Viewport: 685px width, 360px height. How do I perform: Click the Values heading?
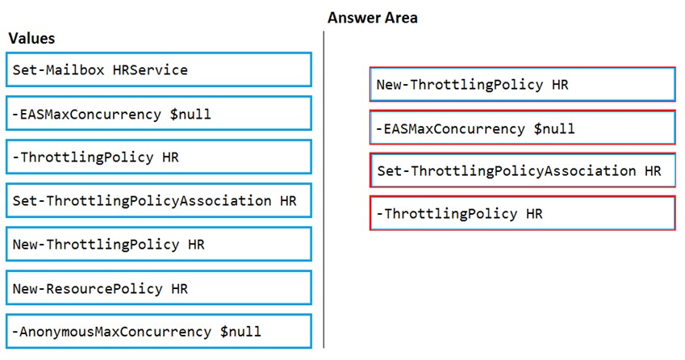click(x=31, y=39)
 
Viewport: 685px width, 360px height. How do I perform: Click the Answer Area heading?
click(x=373, y=18)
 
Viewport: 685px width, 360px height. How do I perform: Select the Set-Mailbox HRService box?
click(x=159, y=70)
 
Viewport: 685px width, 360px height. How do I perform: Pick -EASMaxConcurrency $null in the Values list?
click(x=159, y=114)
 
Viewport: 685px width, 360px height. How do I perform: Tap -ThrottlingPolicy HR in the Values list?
click(x=159, y=157)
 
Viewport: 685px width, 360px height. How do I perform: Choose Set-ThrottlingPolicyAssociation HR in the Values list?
click(x=159, y=200)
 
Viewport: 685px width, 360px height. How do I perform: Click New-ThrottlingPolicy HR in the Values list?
click(x=159, y=245)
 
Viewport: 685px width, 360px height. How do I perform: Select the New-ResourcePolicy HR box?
click(x=159, y=288)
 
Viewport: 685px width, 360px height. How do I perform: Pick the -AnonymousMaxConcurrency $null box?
click(x=159, y=332)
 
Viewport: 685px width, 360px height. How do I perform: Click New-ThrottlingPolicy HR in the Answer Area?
click(x=523, y=84)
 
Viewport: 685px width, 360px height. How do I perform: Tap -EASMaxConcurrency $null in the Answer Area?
click(x=523, y=128)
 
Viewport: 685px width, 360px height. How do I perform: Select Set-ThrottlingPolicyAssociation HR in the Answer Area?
click(x=523, y=170)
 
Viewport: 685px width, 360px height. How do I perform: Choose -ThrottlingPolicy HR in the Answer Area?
click(x=523, y=214)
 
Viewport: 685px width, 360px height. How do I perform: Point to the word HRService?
click(x=150, y=70)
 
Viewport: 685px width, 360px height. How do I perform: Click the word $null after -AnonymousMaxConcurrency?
click(x=240, y=332)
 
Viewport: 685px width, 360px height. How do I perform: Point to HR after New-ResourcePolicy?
click(x=180, y=289)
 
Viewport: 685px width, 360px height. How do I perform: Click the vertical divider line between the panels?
click(x=324, y=189)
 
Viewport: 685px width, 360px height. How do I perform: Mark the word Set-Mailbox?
click(x=59, y=70)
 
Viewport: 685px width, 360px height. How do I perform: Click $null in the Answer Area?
click(x=554, y=129)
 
